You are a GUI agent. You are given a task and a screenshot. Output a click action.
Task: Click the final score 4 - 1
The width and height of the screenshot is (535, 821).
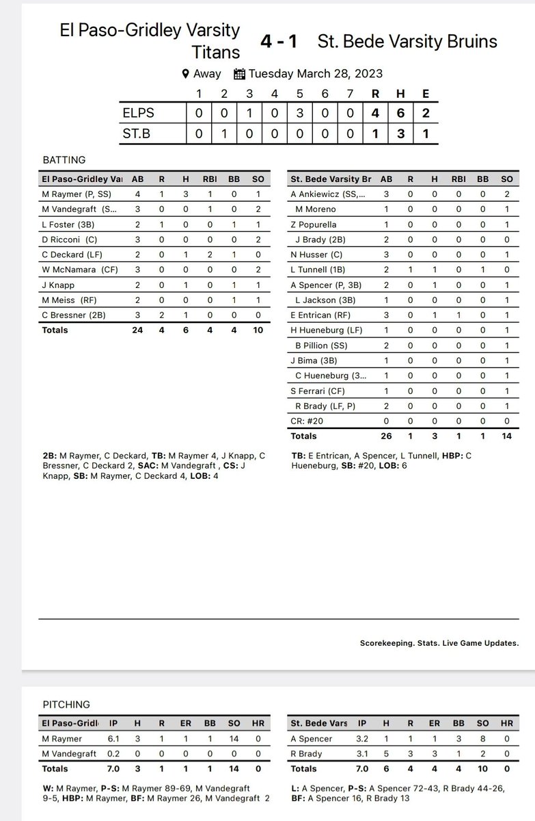point(278,42)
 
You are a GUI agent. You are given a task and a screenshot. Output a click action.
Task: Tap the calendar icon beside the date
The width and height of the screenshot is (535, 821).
point(239,74)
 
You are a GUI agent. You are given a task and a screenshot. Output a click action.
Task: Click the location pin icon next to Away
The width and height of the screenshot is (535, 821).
point(185,74)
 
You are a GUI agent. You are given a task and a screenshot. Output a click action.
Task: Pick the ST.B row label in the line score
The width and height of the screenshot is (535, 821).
point(137,134)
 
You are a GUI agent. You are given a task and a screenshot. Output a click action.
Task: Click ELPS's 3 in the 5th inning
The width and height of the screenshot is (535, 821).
point(300,113)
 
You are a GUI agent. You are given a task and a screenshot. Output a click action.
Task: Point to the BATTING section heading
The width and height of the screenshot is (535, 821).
point(64,160)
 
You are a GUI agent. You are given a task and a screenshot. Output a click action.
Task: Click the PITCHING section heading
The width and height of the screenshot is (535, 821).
point(66,704)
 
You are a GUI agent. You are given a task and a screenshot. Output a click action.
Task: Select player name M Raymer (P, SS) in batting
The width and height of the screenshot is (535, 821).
point(76,194)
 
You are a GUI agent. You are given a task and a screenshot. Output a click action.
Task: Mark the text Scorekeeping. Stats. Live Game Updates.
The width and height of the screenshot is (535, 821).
point(439,643)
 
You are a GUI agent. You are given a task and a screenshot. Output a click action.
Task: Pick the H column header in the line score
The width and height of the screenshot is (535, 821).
point(401,94)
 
